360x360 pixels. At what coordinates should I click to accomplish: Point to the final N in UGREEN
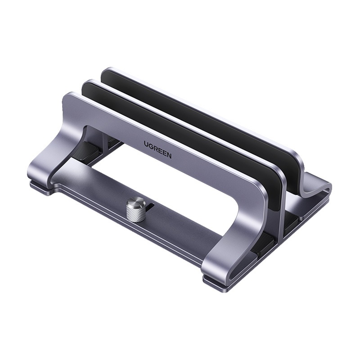pos(169,156)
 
